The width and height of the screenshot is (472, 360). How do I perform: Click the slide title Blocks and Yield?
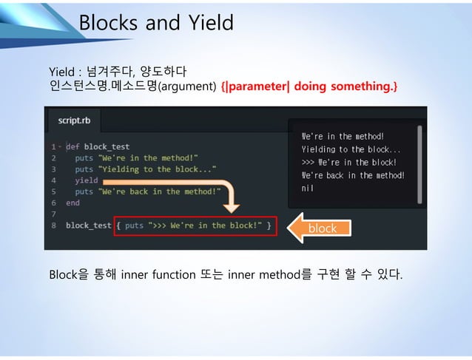[x=155, y=23]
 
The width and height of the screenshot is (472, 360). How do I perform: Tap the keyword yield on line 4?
[x=86, y=180]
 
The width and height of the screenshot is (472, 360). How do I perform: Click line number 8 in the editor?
[x=54, y=225]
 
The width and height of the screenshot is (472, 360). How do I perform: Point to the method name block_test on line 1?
[x=107, y=146]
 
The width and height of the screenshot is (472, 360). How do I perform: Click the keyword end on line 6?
[x=73, y=202]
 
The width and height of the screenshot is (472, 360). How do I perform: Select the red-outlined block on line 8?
[x=195, y=225]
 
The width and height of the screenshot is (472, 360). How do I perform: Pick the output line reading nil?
[x=308, y=189]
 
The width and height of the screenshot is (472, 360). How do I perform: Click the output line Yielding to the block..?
[x=351, y=149]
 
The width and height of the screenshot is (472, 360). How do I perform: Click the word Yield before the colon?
[x=61, y=72]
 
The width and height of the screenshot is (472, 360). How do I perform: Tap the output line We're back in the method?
[x=353, y=175]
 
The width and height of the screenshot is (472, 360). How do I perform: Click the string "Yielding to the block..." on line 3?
[x=157, y=169]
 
